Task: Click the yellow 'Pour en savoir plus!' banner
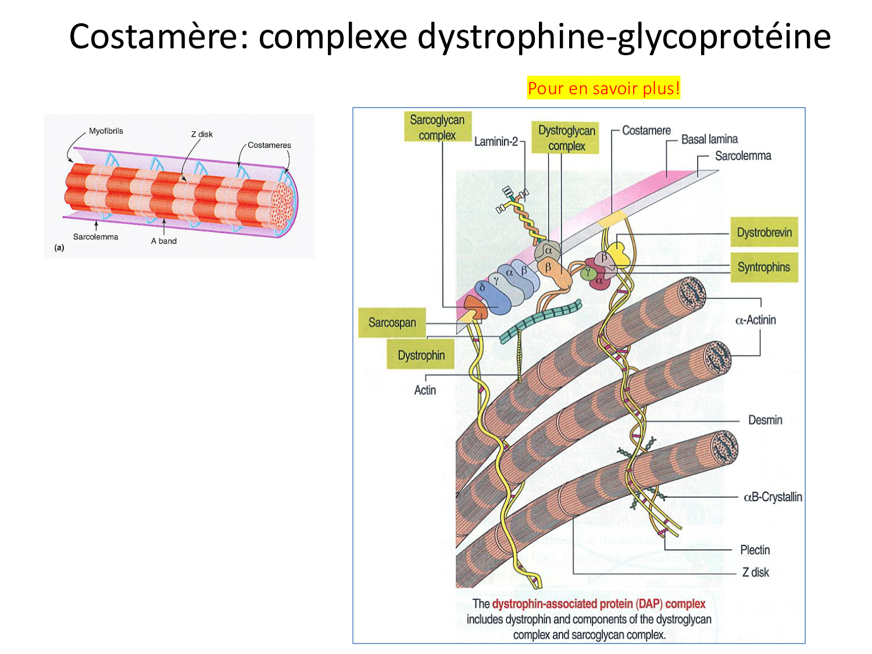click(603, 88)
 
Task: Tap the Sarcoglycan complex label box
click(437, 127)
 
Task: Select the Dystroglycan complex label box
click(566, 138)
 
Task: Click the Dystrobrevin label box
click(764, 233)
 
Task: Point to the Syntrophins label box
click(763, 267)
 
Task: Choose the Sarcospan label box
click(392, 323)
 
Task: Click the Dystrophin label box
click(421, 355)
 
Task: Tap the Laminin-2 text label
click(495, 141)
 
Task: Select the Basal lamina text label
click(709, 140)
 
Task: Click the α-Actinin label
click(755, 320)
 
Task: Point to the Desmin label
click(765, 420)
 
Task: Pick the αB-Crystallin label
click(773, 497)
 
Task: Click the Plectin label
click(755, 550)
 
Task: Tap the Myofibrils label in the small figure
click(106, 131)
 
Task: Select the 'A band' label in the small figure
click(164, 241)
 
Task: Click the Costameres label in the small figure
click(269, 145)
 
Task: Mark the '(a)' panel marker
click(59, 248)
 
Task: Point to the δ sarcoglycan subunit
click(482, 288)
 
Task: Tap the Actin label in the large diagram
click(425, 390)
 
